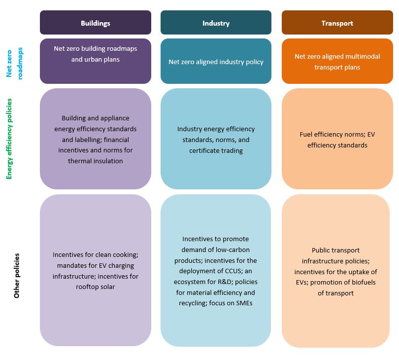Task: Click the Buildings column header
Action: (95, 23)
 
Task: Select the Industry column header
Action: (216, 23)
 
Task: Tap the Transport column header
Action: (337, 23)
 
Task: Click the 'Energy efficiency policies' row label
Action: (9, 139)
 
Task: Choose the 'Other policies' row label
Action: (17, 276)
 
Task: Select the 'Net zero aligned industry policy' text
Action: (216, 62)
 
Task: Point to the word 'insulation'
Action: (107, 161)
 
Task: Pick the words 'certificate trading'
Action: (216, 150)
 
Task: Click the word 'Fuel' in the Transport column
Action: (306, 134)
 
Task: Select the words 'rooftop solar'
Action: (95, 287)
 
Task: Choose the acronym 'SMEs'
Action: (243, 303)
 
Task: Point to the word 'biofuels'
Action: (363, 283)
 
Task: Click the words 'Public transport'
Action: (335, 251)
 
